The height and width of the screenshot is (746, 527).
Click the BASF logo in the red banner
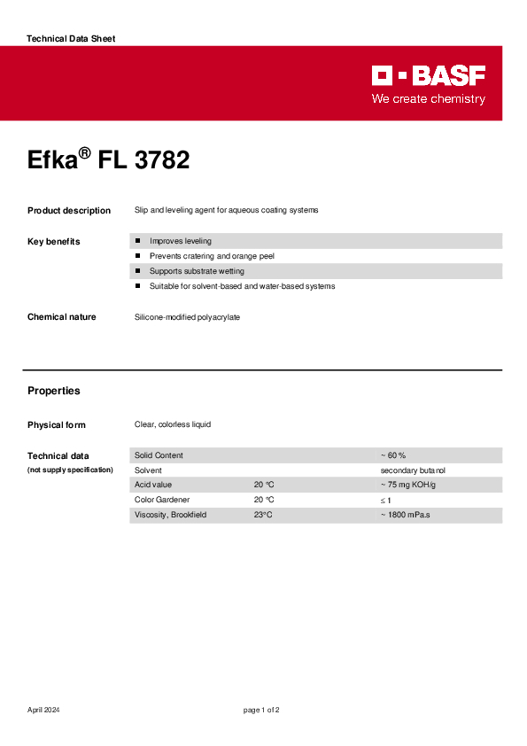(428, 75)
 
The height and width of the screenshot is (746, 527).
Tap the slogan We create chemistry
(428, 99)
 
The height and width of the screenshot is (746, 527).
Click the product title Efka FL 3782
(108, 160)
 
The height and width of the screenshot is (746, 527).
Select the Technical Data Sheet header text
(71, 39)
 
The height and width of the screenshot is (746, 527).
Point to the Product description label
(69, 211)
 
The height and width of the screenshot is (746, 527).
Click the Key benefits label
(54, 242)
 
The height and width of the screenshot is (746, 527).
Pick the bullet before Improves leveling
(138, 241)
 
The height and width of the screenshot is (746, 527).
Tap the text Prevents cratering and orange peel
(212, 256)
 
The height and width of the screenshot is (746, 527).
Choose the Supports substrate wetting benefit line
(197, 271)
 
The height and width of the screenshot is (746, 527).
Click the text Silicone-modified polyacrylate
(187, 317)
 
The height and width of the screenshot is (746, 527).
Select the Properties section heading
(54, 391)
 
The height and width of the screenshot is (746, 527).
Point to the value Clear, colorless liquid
(173, 425)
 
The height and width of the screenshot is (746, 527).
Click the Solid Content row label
(159, 455)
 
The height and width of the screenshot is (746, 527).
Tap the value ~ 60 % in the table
(393, 455)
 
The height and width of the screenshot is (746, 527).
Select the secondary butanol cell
(413, 470)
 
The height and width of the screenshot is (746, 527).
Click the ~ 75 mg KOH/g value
(407, 486)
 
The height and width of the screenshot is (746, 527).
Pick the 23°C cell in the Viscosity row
(263, 515)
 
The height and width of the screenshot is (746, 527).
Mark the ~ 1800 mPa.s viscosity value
(405, 515)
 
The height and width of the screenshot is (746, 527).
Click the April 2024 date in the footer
(43, 711)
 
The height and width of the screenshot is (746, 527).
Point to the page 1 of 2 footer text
(262, 711)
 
